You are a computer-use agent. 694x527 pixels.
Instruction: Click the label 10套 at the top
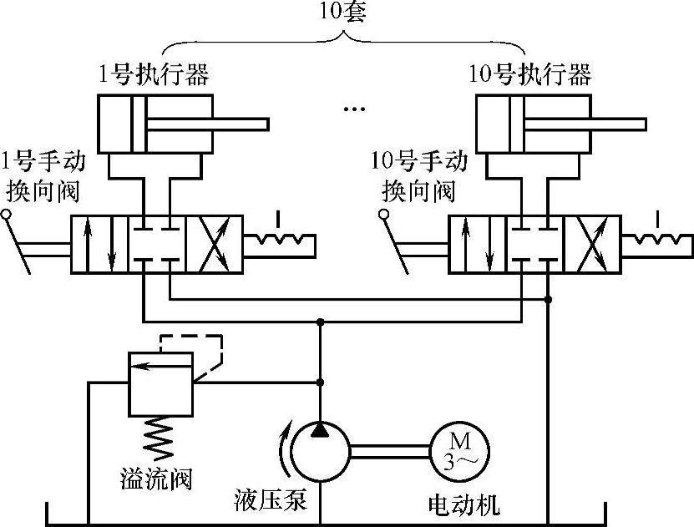tap(342, 16)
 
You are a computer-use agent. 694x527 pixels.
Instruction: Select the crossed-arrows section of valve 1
tap(213, 244)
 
